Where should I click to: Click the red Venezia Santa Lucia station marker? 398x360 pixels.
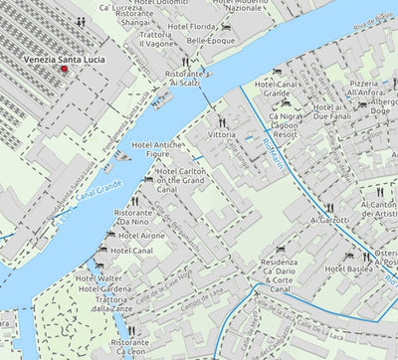(x=66, y=69)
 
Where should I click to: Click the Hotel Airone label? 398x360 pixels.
(x=138, y=236)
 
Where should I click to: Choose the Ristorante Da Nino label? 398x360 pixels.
(x=138, y=219)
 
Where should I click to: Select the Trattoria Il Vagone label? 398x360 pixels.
(x=157, y=39)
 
